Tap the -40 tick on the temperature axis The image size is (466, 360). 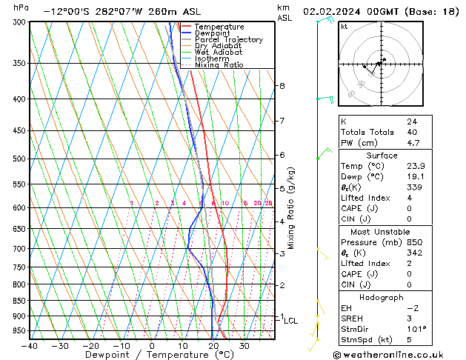[x=30, y=345]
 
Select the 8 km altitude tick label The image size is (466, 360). [x=282, y=86]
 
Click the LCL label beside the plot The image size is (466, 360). [x=291, y=321]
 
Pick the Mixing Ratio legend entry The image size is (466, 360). [x=219, y=64]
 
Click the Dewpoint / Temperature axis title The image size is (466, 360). [x=153, y=356]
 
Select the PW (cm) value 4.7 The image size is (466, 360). [x=412, y=143]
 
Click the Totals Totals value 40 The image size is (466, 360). [x=412, y=132]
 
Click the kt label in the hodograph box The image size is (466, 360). [x=344, y=26]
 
